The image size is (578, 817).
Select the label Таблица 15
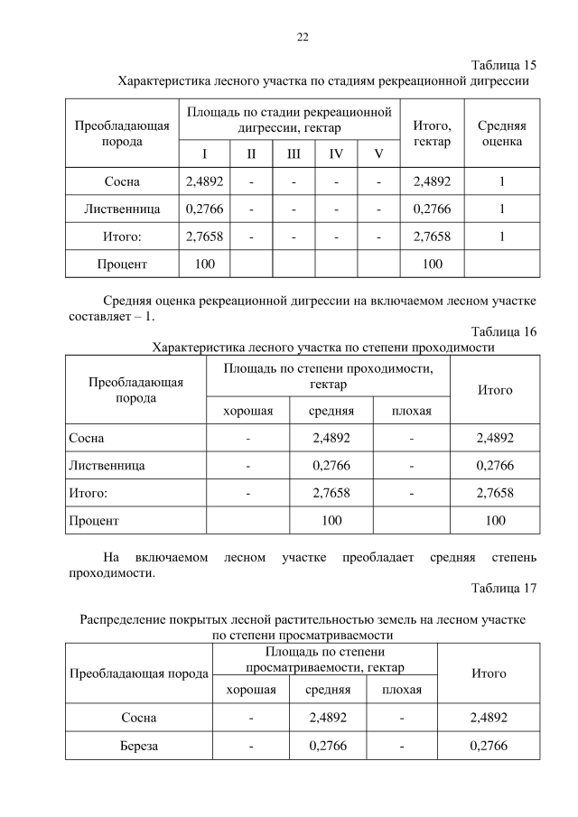coord(504,65)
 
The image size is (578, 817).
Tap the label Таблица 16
coord(504,331)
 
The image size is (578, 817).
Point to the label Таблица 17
coord(504,589)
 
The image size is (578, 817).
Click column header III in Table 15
coord(294,153)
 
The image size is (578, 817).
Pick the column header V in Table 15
coord(379,153)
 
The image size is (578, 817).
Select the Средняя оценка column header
coord(501,135)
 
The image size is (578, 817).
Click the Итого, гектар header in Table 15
coord(432,135)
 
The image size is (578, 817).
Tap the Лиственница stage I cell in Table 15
coord(204,209)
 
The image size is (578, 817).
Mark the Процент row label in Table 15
coord(122,264)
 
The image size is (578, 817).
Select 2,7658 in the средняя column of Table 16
coord(331,493)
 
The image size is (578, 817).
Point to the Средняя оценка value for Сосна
coord(501,181)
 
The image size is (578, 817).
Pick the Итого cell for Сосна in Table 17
coord(489,718)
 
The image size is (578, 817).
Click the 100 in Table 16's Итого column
coord(495,521)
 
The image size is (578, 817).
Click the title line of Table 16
coord(324,347)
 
